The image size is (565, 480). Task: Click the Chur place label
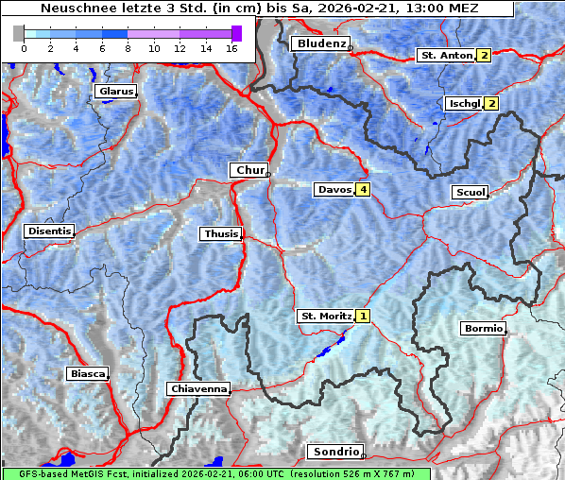tap(249, 170)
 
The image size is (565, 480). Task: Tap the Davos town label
tap(334, 190)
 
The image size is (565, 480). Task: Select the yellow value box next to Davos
tap(363, 190)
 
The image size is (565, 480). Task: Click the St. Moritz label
tap(325, 316)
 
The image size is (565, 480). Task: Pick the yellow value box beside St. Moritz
tap(364, 316)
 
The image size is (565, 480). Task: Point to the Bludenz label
tap(319, 43)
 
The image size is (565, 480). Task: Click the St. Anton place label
tap(445, 56)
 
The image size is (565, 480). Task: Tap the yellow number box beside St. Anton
tap(484, 56)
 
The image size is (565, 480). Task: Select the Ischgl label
tap(464, 103)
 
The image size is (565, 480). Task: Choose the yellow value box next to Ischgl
tap(491, 103)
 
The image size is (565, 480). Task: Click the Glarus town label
tap(114, 92)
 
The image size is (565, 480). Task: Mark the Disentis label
tap(49, 231)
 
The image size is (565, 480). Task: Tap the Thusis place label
tap(220, 233)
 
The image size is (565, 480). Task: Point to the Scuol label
tap(470, 193)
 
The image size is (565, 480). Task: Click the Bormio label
tap(483, 329)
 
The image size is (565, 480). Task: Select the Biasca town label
tap(87, 373)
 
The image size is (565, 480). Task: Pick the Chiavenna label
tap(197, 388)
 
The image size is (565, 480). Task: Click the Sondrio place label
tap(335, 452)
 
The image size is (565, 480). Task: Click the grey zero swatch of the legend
tap(19, 33)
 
